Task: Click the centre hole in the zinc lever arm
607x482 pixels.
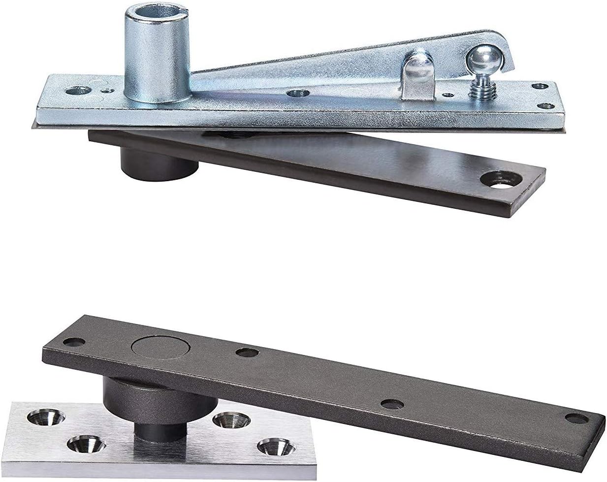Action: click(x=296, y=92)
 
